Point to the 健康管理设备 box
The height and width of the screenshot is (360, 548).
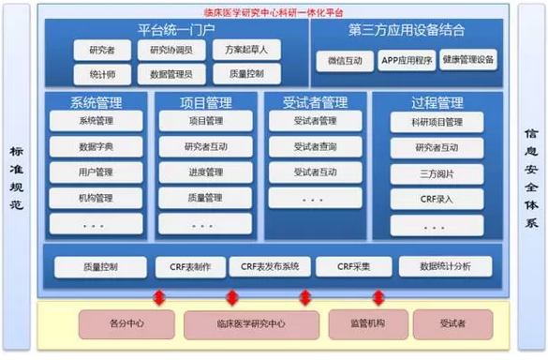(467, 62)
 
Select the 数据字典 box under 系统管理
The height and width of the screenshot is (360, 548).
(96, 146)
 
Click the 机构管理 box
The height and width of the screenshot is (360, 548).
(96, 198)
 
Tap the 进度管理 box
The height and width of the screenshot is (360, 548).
(205, 172)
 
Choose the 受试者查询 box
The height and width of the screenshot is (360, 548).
(315, 146)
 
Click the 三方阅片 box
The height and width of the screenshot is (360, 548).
(437, 173)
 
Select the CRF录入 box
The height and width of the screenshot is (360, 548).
(437, 199)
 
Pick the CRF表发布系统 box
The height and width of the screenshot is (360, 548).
(269, 267)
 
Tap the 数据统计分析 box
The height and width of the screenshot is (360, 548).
(445, 267)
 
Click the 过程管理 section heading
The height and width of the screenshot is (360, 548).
(437, 102)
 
